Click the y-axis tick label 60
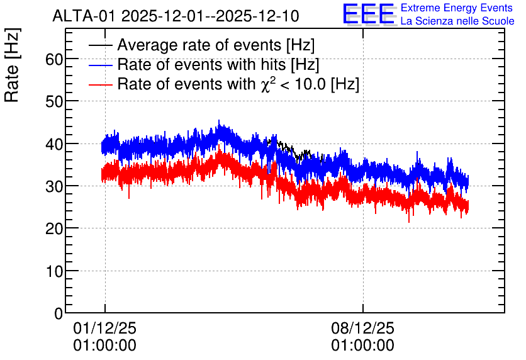54,60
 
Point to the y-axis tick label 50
54,102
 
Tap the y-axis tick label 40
54,145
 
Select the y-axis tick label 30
54,187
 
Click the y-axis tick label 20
54,229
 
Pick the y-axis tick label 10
54,272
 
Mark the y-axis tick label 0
59,314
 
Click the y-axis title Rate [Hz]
12,65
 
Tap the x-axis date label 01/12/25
104,329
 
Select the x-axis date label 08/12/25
362,329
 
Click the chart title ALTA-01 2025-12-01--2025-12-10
176,16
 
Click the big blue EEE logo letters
369,14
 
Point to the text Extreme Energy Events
457,8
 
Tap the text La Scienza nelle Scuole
457,21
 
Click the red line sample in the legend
100,84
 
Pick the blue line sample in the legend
100,65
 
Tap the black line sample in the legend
100,45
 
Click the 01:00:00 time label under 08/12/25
362,346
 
